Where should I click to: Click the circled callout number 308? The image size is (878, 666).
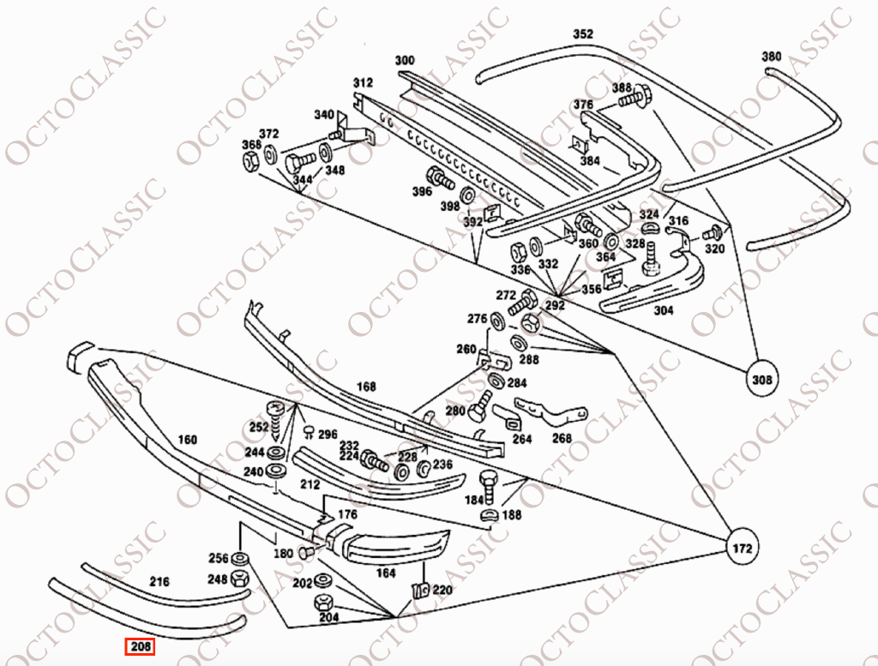point(762,380)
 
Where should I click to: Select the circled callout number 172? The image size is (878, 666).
point(742,548)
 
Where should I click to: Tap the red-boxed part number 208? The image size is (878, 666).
point(140,647)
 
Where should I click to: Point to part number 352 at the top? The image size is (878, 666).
point(582,33)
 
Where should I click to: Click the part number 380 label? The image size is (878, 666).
point(771,56)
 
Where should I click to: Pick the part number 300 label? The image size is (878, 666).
point(405,60)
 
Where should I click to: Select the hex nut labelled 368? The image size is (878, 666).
point(251,161)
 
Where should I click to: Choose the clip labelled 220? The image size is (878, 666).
point(419,590)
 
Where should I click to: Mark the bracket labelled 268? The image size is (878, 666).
point(551,413)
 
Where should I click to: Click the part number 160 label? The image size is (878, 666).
point(187,440)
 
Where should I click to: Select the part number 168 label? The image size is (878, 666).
point(366,387)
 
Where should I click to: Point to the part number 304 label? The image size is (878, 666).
point(664,310)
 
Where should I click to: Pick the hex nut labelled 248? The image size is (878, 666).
point(240,577)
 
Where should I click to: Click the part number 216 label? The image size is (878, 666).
point(159,582)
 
